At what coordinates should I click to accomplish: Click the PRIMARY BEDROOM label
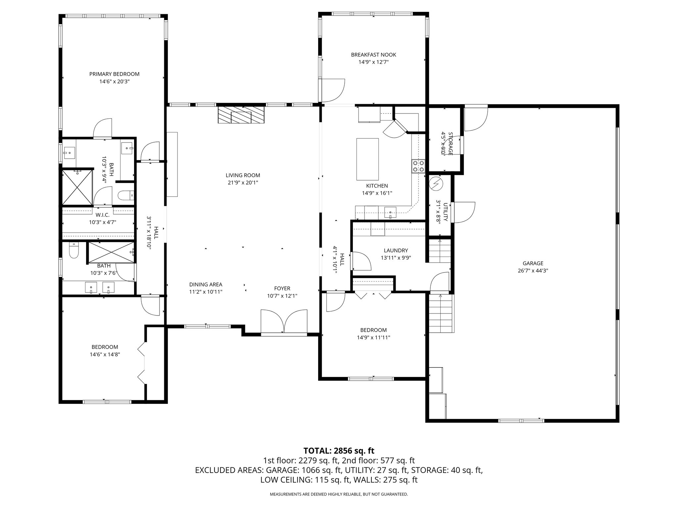(114, 74)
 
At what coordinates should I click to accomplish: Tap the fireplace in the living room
(241, 115)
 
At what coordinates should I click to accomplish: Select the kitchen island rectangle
(367, 159)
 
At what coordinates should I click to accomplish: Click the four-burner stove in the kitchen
(418, 166)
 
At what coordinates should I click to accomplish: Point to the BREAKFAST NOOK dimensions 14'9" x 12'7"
(373, 62)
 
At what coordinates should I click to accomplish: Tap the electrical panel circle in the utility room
(436, 184)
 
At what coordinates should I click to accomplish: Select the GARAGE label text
(533, 263)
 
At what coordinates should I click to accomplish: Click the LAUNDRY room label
(396, 251)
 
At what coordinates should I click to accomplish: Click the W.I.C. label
(103, 215)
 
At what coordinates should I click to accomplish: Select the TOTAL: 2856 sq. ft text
(339, 450)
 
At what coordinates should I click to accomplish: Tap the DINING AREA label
(206, 284)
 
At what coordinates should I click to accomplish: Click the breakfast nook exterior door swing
(333, 90)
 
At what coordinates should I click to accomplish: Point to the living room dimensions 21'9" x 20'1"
(243, 182)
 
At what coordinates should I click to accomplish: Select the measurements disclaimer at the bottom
(339, 494)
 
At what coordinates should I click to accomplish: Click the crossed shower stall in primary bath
(77, 188)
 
